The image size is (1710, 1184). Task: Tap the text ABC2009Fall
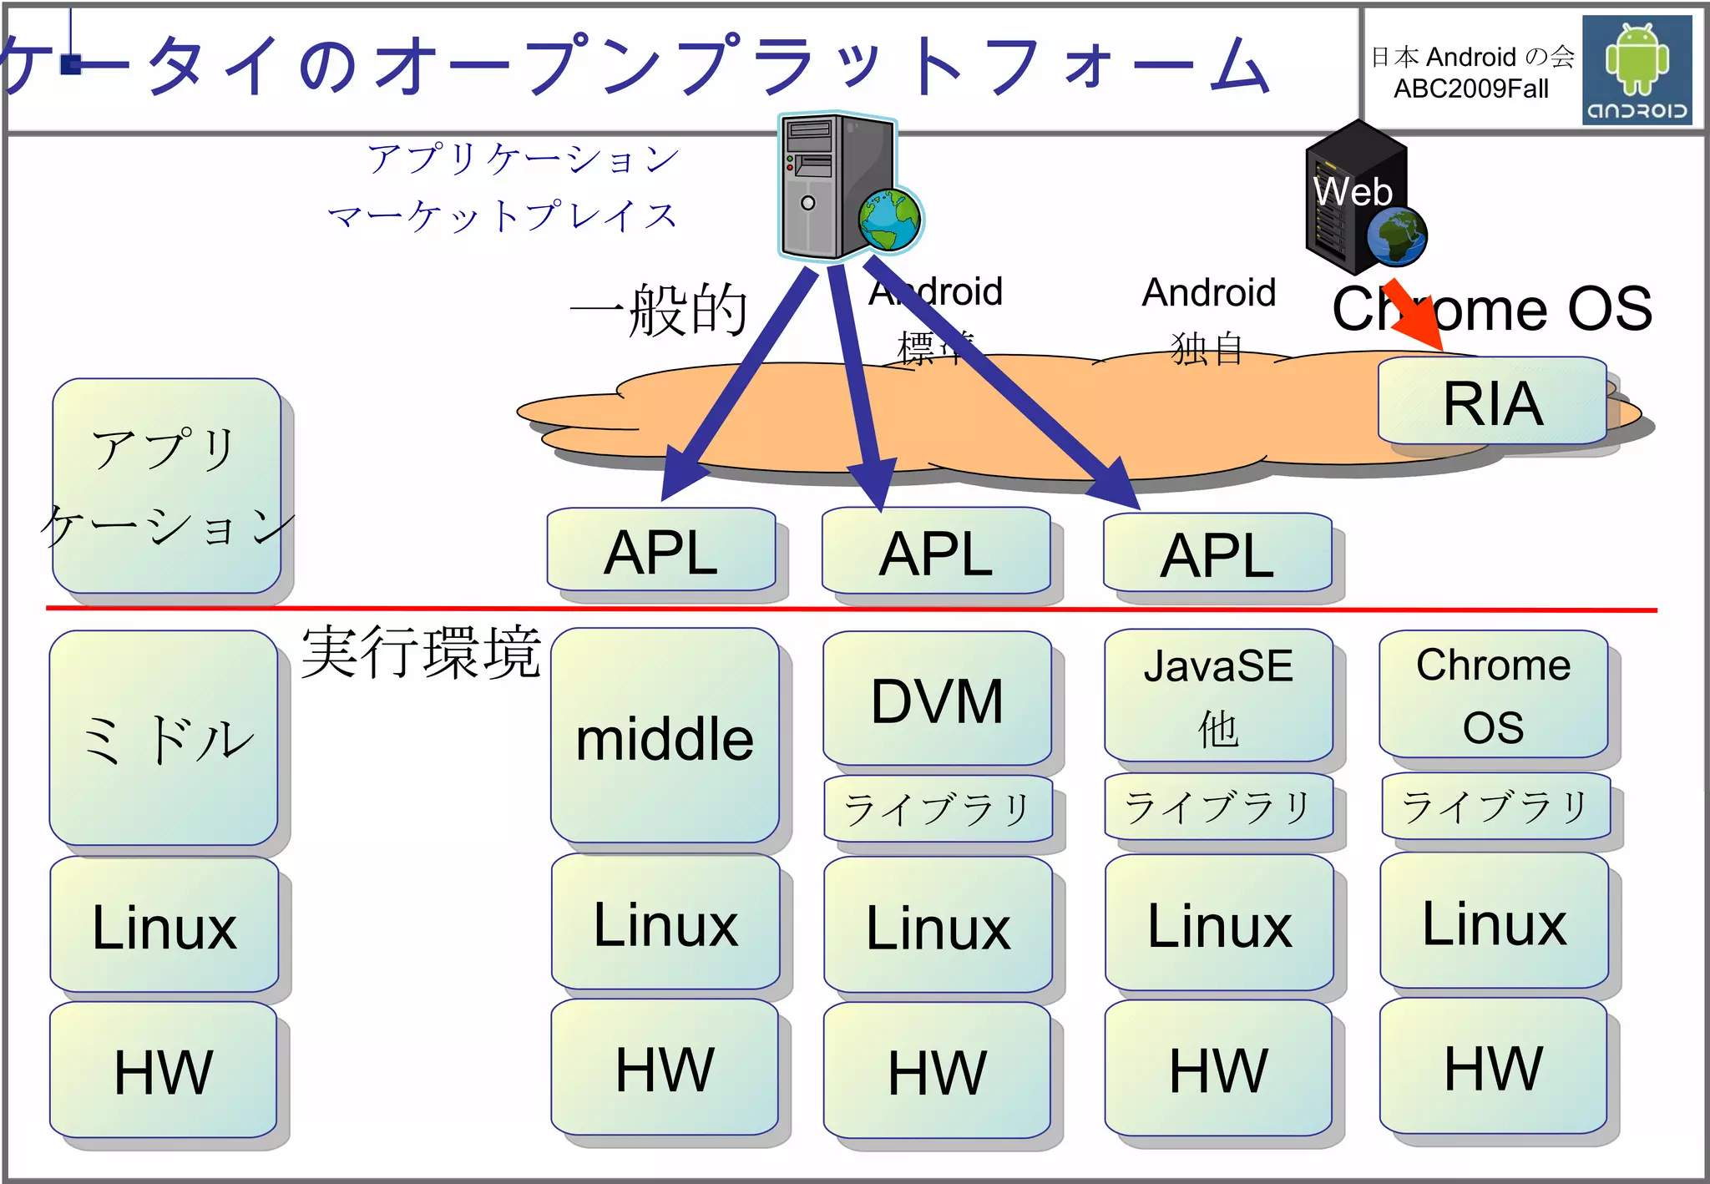coord(1470,89)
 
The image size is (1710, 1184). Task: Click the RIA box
coord(1492,402)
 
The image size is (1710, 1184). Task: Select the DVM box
coord(937,698)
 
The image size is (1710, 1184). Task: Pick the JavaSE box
coord(1218,695)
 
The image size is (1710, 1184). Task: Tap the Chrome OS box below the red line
coord(1493,694)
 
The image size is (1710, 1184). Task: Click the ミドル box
coord(164,738)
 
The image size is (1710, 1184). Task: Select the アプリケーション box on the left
coord(166,486)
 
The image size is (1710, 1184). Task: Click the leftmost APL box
coord(660,550)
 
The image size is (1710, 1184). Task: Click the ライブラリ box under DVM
coord(937,808)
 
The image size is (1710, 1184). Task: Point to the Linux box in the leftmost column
coord(164,925)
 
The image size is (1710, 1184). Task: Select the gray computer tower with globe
coord(839,185)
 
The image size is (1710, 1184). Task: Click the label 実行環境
coord(421,651)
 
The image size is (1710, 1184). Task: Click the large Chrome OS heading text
coord(1492,308)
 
